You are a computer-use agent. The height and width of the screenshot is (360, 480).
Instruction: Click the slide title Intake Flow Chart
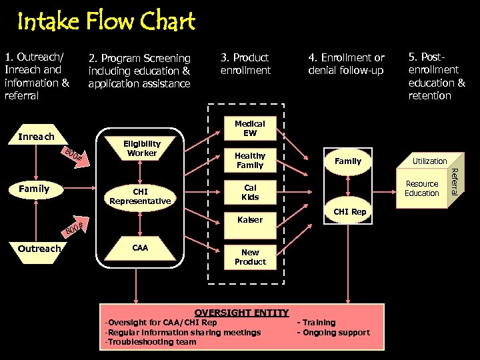pyautogui.click(x=106, y=22)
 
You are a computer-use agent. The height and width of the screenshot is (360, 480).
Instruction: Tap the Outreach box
pyautogui.click(x=39, y=248)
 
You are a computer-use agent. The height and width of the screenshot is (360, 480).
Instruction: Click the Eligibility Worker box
pyautogui.click(x=141, y=148)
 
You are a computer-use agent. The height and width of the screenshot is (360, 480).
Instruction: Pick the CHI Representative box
pyautogui.click(x=140, y=196)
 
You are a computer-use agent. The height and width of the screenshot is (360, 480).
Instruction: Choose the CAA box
pyautogui.click(x=140, y=248)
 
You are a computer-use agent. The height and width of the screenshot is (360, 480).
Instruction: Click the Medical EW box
pyautogui.click(x=249, y=128)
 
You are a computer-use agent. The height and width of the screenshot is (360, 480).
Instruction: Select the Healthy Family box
pyautogui.click(x=249, y=160)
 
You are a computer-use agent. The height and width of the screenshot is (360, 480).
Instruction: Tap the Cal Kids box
pyautogui.click(x=249, y=192)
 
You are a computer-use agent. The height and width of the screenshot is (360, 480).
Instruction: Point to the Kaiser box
pyautogui.click(x=249, y=219)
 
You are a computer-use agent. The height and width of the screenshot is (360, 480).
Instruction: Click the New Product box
pyautogui.click(x=249, y=257)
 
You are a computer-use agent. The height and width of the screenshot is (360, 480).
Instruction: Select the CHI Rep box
pyautogui.click(x=349, y=212)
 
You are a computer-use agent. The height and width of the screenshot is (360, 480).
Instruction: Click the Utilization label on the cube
pyautogui.click(x=429, y=161)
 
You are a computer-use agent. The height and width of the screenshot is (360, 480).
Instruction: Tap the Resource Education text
pyautogui.click(x=422, y=189)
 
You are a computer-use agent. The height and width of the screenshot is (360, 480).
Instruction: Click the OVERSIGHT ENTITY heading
pyautogui.click(x=241, y=312)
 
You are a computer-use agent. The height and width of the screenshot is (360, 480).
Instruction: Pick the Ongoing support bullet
pyautogui.click(x=333, y=332)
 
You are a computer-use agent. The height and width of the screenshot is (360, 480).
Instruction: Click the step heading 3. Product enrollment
pyautogui.click(x=245, y=63)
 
